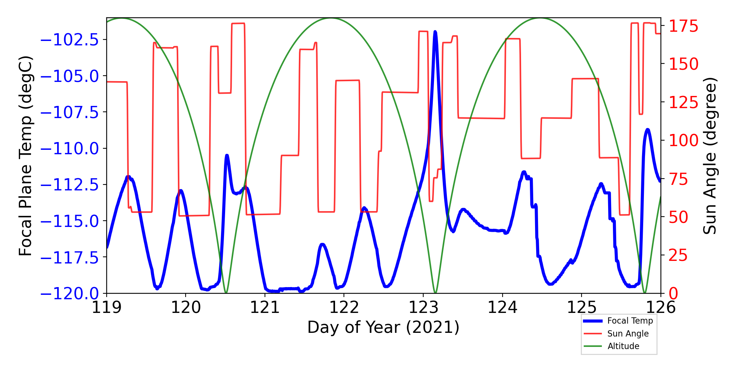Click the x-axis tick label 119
click(x=106, y=307)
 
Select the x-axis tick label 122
click(x=344, y=307)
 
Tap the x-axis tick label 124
click(x=502, y=307)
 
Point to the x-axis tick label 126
click(x=661, y=307)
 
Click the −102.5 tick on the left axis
click(x=69, y=40)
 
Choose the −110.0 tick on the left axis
click(x=69, y=149)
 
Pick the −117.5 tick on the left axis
click(x=69, y=258)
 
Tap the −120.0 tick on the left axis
click(x=69, y=294)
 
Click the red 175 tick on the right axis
click(x=684, y=27)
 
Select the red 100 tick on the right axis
click(x=684, y=141)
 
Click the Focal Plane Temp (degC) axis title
click(x=26, y=156)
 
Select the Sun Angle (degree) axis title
click(x=710, y=156)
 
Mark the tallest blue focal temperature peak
click(x=435, y=32)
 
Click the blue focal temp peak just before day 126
click(x=648, y=130)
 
